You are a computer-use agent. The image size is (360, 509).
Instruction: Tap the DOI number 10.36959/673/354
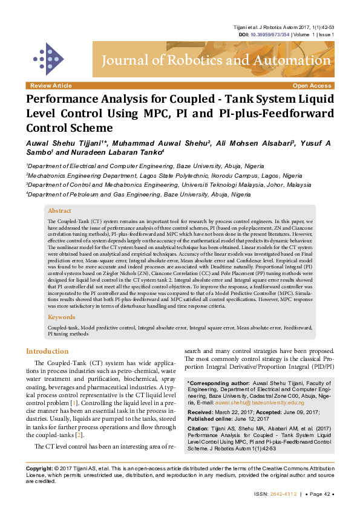[269, 34]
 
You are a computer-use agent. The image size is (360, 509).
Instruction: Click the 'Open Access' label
[312, 86]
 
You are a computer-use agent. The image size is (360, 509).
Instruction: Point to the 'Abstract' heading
[59, 211]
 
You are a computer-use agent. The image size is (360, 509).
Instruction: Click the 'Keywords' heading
[61, 317]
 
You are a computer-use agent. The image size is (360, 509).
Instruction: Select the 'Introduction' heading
[47, 351]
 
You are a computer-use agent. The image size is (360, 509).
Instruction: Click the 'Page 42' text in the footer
[316, 493]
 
